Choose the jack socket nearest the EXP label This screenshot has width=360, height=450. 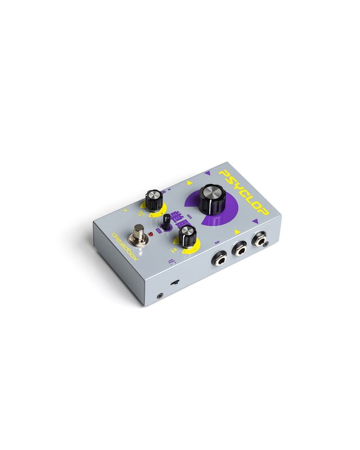click(219, 258)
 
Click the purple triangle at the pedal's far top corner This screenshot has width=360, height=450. click(208, 174)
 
